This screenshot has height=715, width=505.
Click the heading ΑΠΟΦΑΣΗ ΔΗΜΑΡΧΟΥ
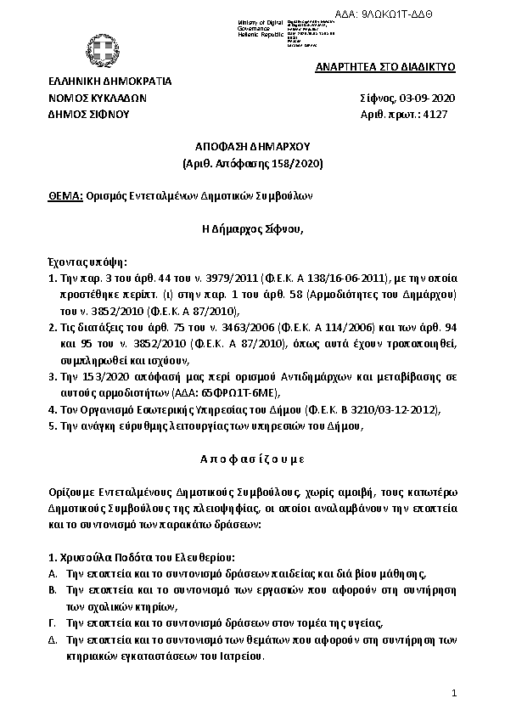(x=254, y=145)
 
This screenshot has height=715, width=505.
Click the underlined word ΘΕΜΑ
(x=65, y=194)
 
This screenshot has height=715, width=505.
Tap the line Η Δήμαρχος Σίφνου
(x=252, y=228)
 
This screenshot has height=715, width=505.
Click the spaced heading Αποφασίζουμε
(x=252, y=458)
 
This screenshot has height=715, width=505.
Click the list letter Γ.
(x=53, y=622)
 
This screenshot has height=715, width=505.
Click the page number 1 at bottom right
(x=454, y=694)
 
